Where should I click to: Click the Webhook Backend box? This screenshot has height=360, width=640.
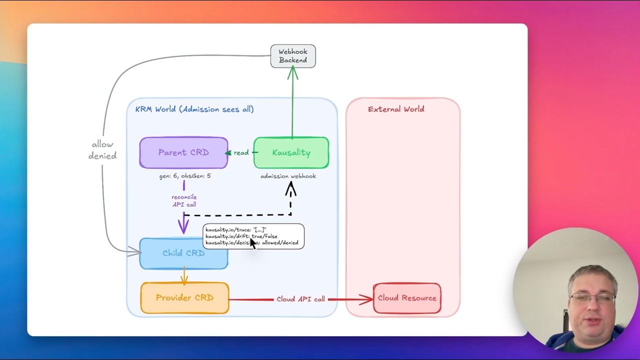pos(293,56)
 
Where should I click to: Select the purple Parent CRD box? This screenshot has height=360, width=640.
pos(183,152)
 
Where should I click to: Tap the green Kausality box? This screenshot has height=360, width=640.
pos(291,152)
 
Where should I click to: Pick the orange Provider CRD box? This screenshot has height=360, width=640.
pos(184,298)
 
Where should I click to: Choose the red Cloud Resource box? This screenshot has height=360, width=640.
pos(407,298)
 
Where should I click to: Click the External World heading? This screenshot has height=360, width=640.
pos(395,109)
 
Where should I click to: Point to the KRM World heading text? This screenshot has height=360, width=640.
pos(194,109)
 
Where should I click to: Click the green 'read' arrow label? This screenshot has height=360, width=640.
pos(241,152)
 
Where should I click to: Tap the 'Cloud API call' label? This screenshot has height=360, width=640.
pos(300,299)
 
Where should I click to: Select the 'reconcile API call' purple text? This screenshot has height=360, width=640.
pos(184,200)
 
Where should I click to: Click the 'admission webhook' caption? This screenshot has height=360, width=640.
pos(288,176)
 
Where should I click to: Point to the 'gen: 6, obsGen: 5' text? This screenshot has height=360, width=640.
pos(184,176)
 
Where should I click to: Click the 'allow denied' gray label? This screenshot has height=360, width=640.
pos(102,150)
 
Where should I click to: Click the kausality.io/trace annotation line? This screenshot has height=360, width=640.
pos(236,229)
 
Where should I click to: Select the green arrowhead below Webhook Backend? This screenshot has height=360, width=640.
pos(292,73)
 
